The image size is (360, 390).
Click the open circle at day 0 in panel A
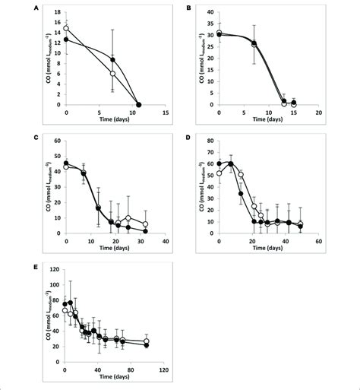click(x=66, y=28)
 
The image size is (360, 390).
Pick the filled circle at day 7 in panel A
click(x=112, y=59)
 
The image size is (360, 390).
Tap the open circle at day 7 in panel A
click(x=112, y=74)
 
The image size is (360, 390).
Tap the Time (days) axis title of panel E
click(x=115, y=377)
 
